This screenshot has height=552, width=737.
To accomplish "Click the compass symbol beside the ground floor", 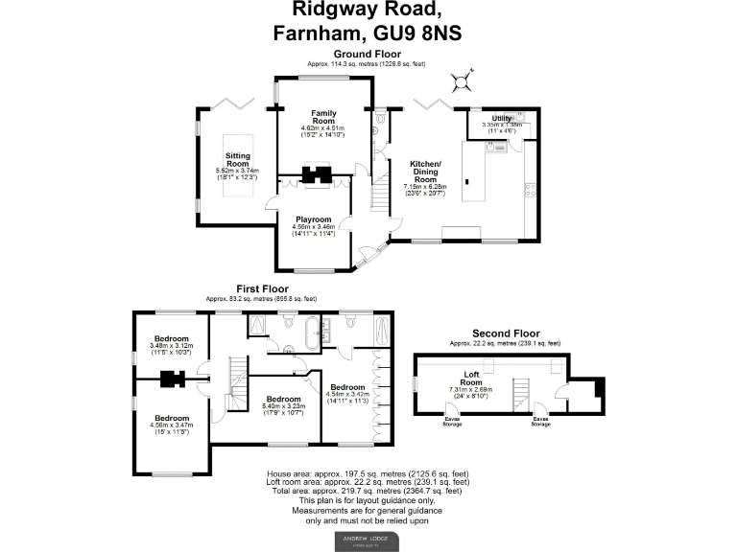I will [x=464, y=75].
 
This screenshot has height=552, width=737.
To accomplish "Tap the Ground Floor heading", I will [x=368, y=54].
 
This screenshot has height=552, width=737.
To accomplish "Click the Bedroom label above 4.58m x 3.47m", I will [x=172, y=418].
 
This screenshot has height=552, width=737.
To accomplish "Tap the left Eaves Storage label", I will [x=451, y=420].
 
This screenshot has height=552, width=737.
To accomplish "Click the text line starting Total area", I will [x=368, y=491].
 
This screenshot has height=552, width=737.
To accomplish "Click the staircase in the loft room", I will [x=522, y=394].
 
